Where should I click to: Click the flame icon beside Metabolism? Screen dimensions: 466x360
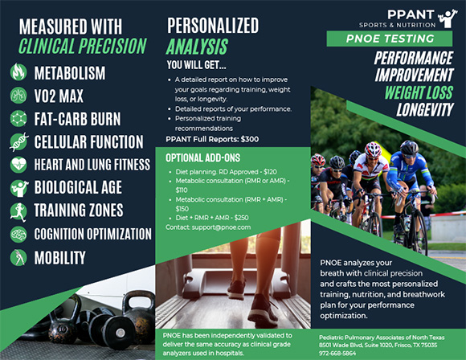(x=18, y=72)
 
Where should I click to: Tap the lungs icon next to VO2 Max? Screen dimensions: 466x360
(x=18, y=95)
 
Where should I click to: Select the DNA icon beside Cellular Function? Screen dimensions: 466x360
(x=19, y=141)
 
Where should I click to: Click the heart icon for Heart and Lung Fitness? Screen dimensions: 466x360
(x=18, y=165)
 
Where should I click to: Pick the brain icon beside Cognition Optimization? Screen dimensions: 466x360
(x=18, y=235)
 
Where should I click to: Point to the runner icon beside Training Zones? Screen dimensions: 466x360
(x=18, y=212)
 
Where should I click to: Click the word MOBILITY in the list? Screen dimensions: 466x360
(x=59, y=258)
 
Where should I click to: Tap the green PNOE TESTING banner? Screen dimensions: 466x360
(x=390, y=39)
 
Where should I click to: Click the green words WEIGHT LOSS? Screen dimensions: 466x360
(x=419, y=92)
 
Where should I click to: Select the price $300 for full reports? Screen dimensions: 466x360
(x=250, y=139)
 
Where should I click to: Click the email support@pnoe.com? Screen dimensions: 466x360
(x=221, y=227)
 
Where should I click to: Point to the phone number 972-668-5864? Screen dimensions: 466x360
(x=337, y=353)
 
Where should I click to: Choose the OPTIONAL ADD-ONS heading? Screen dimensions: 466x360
(x=203, y=157)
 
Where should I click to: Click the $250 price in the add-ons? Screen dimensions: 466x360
(x=241, y=218)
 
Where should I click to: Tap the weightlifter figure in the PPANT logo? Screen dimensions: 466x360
(x=448, y=18)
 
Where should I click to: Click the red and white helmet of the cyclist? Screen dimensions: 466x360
(x=373, y=149)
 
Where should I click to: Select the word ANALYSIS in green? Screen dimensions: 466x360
(x=197, y=47)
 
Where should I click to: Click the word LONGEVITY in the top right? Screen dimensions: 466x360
(x=425, y=110)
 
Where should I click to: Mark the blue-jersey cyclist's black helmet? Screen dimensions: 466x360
(x=409, y=147)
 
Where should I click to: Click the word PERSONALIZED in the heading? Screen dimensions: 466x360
(x=213, y=26)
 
